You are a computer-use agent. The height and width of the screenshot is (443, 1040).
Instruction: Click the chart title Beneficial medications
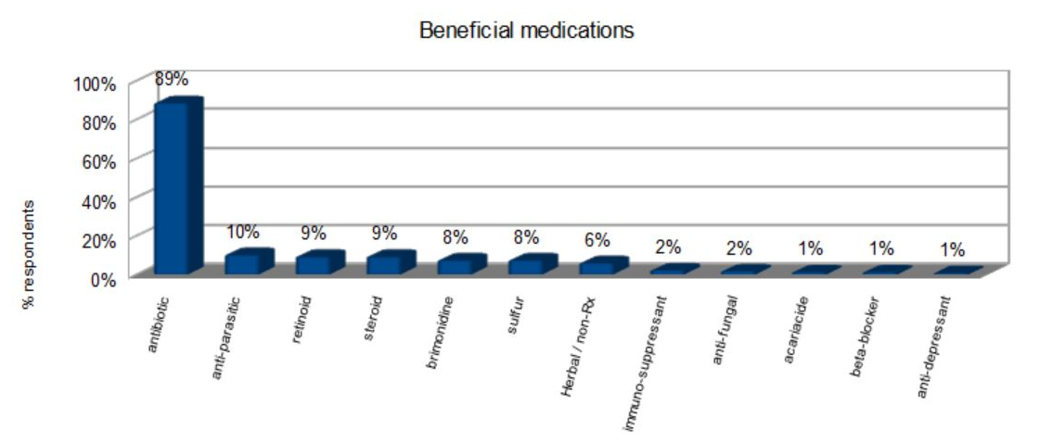coord(526,31)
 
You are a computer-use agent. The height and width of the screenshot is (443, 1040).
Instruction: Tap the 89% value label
coord(172,79)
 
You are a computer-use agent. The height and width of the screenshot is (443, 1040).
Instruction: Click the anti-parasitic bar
coord(245,262)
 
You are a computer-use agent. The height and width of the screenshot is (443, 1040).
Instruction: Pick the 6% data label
coord(597,240)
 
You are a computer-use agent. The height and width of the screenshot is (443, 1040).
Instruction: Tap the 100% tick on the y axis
coord(95,83)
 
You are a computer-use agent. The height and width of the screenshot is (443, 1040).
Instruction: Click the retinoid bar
coord(315,263)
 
